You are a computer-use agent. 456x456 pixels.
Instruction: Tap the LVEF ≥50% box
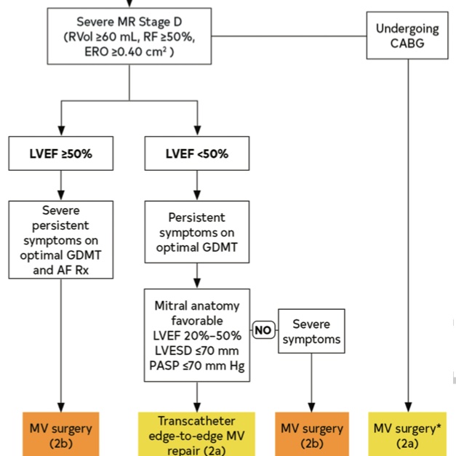[x=60, y=154]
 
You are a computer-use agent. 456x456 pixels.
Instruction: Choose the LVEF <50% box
[x=196, y=154]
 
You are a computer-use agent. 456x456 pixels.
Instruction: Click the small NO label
[x=263, y=329]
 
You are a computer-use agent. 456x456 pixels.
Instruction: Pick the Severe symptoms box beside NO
[x=312, y=332]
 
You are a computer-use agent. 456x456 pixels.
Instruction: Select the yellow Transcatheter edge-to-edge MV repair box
[x=196, y=435]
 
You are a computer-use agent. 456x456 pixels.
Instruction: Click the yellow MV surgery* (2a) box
[x=407, y=435]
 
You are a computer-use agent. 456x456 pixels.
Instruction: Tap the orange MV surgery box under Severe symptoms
[x=312, y=435]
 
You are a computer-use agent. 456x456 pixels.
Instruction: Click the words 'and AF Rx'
[x=60, y=268]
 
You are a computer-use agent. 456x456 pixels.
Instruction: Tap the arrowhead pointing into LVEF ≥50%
[x=60, y=131]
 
